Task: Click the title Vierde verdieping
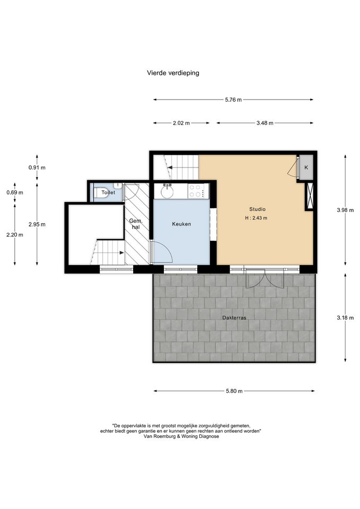pyautogui.click(x=173, y=73)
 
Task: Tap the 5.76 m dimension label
pyautogui.click(x=233, y=100)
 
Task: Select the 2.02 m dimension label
pyautogui.click(x=181, y=123)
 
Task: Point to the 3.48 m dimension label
pyautogui.click(x=265, y=123)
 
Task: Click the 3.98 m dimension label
pyautogui.click(x=345, y=210)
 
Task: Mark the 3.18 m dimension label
pyautogui.click(x=345, y=318)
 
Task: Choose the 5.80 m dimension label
pyautogui.click(x=234, y=391)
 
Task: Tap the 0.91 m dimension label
pyautogui.click(x=37, y=168)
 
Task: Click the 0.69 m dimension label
pyautogui.click(x=15, y=192)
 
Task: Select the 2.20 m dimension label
pyautogui.click(x=15, y=235)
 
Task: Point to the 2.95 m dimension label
pyautogui.click(x=37, y=224)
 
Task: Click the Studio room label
pyautogui.click(x=258, y=209)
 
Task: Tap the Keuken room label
pyautogui.click(x=181, y=224)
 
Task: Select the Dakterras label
pyautogui.click(x=234, y=318)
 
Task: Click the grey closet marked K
pyautogui.click(x=306, y=168)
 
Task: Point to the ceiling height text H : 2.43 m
pyautogui.click(x=256, y=218)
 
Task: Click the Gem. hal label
pyautogui.click(x=136, y=224)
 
